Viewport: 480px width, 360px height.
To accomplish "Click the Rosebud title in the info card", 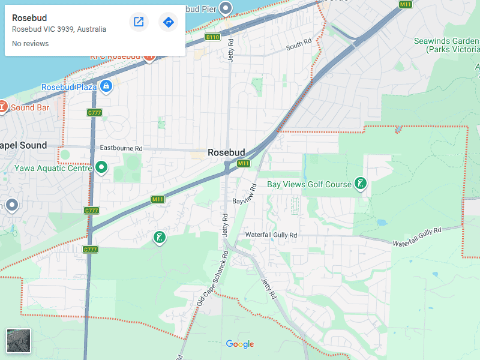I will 29,18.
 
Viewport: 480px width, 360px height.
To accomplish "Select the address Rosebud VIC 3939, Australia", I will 59,29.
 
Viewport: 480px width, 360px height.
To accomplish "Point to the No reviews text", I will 30,44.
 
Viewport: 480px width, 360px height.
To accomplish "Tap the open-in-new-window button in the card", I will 139,22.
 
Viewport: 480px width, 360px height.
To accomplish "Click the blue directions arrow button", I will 169,22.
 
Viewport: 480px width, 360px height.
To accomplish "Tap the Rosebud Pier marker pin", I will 226,8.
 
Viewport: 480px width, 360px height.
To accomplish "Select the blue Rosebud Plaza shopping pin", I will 106,86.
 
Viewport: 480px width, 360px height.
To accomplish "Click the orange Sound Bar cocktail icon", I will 3,107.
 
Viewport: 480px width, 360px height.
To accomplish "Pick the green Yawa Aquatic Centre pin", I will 101,167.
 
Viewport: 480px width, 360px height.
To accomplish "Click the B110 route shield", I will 212,37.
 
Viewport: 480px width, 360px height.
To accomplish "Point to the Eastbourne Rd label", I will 121,148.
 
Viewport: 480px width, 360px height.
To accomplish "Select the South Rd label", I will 299,44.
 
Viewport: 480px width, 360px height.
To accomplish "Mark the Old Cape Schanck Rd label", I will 213,279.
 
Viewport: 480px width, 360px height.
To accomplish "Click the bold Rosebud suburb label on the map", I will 226,152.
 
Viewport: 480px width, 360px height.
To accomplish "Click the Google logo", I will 240,344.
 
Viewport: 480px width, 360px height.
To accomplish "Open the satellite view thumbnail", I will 19,341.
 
